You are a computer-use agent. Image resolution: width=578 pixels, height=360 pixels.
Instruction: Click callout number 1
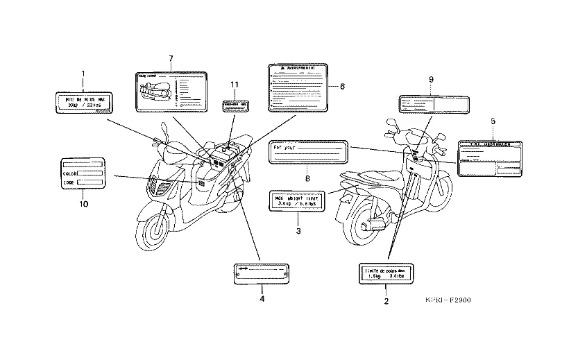(x=83, y=73)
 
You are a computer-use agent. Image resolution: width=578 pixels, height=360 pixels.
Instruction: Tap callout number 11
(x=235, y=85)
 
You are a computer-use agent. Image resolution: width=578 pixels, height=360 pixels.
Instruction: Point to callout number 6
(x=342, y=86)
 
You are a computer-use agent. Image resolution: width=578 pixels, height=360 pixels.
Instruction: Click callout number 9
(x=430, y=80)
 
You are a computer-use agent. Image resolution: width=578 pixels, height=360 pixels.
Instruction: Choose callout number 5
(x=492, y=121)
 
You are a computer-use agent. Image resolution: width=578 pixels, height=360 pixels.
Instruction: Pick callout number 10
(x=83, y=204)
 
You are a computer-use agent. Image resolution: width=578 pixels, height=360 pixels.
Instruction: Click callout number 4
(x=262, y=299)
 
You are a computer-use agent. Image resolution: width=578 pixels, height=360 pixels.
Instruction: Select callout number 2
(x=386, y=302)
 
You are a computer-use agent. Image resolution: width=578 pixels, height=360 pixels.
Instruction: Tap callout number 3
(x=298, y=230)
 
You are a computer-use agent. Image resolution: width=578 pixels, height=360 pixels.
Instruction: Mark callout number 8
(x=307, y=178)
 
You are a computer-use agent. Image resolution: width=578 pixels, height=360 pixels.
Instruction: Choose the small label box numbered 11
(x=235, y=106)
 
